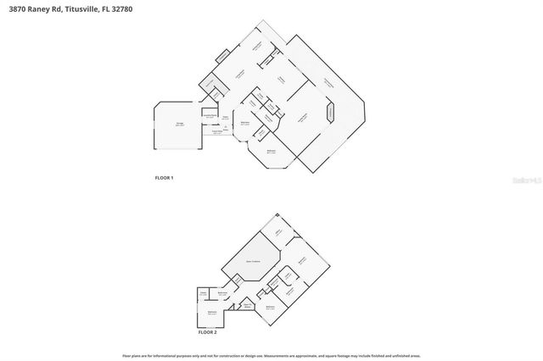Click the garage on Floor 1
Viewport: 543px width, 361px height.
(x=179, y=126)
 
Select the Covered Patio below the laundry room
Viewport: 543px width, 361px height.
(x=217, y=131)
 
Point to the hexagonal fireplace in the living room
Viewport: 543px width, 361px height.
(x=331, y=113)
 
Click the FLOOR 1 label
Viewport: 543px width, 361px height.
(x=164, y=178)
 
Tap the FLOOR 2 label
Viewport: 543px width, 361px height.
(x=208, y=332)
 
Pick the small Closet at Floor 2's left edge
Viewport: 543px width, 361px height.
(x=204, y=294)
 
